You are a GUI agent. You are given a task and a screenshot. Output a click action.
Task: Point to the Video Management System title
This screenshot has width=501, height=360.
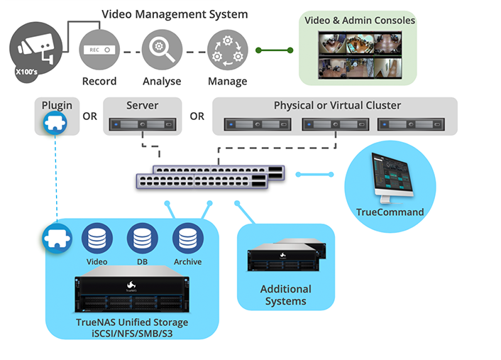pyautogui.click(x=175, y=14)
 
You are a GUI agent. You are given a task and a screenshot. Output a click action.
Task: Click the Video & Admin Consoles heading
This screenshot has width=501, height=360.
pyautogui.click(x=360, y=21)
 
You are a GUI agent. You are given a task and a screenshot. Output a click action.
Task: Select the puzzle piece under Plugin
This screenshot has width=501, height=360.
pyautogui.click(x=56, y=123)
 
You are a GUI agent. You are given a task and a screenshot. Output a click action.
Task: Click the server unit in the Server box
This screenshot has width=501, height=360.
pyautogui.click(x=142, y=125)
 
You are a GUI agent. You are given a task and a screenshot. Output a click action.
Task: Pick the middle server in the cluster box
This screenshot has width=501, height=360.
pyautogui.click(x=334, y=125)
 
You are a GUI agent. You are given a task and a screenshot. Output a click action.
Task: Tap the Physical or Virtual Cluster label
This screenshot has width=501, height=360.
pyautogui.click(x=337, y=106)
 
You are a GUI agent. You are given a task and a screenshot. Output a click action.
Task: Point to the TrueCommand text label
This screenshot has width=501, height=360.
pyautogui.click(x=390, y=212)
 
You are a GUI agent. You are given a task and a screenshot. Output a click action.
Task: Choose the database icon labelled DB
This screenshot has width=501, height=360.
pyautogui.click(x=141, y=239)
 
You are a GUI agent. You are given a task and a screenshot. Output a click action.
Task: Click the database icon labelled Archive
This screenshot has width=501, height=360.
pyautogui.click(x=187, y=239)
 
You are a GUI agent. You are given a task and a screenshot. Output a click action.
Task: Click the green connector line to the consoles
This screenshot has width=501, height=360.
pyautogui.click(x=275, y=50)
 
